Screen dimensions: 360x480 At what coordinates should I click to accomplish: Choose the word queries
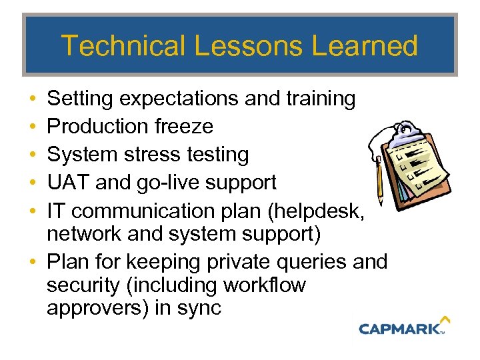305,261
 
